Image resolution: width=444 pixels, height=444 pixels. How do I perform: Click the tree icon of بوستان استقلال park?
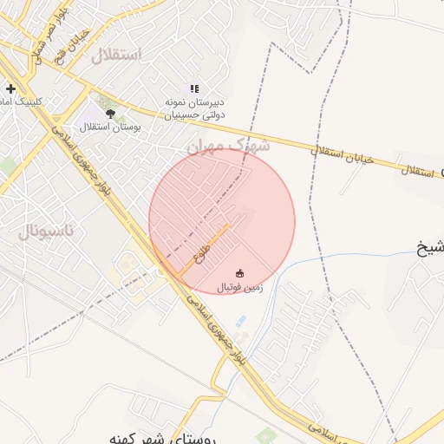(110, 113)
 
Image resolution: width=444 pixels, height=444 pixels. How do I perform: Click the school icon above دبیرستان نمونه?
(195, 88)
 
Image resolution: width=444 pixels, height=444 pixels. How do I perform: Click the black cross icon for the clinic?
(10, 88)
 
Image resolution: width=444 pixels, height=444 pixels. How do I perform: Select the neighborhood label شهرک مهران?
(228, 145)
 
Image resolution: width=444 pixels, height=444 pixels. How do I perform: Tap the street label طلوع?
(201, 255)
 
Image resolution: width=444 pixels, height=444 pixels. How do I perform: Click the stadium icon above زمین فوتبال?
(240, 272)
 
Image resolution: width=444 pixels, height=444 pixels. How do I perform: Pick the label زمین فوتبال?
(239, 286)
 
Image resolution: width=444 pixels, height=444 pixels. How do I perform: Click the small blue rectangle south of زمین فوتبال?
(240, 322)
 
